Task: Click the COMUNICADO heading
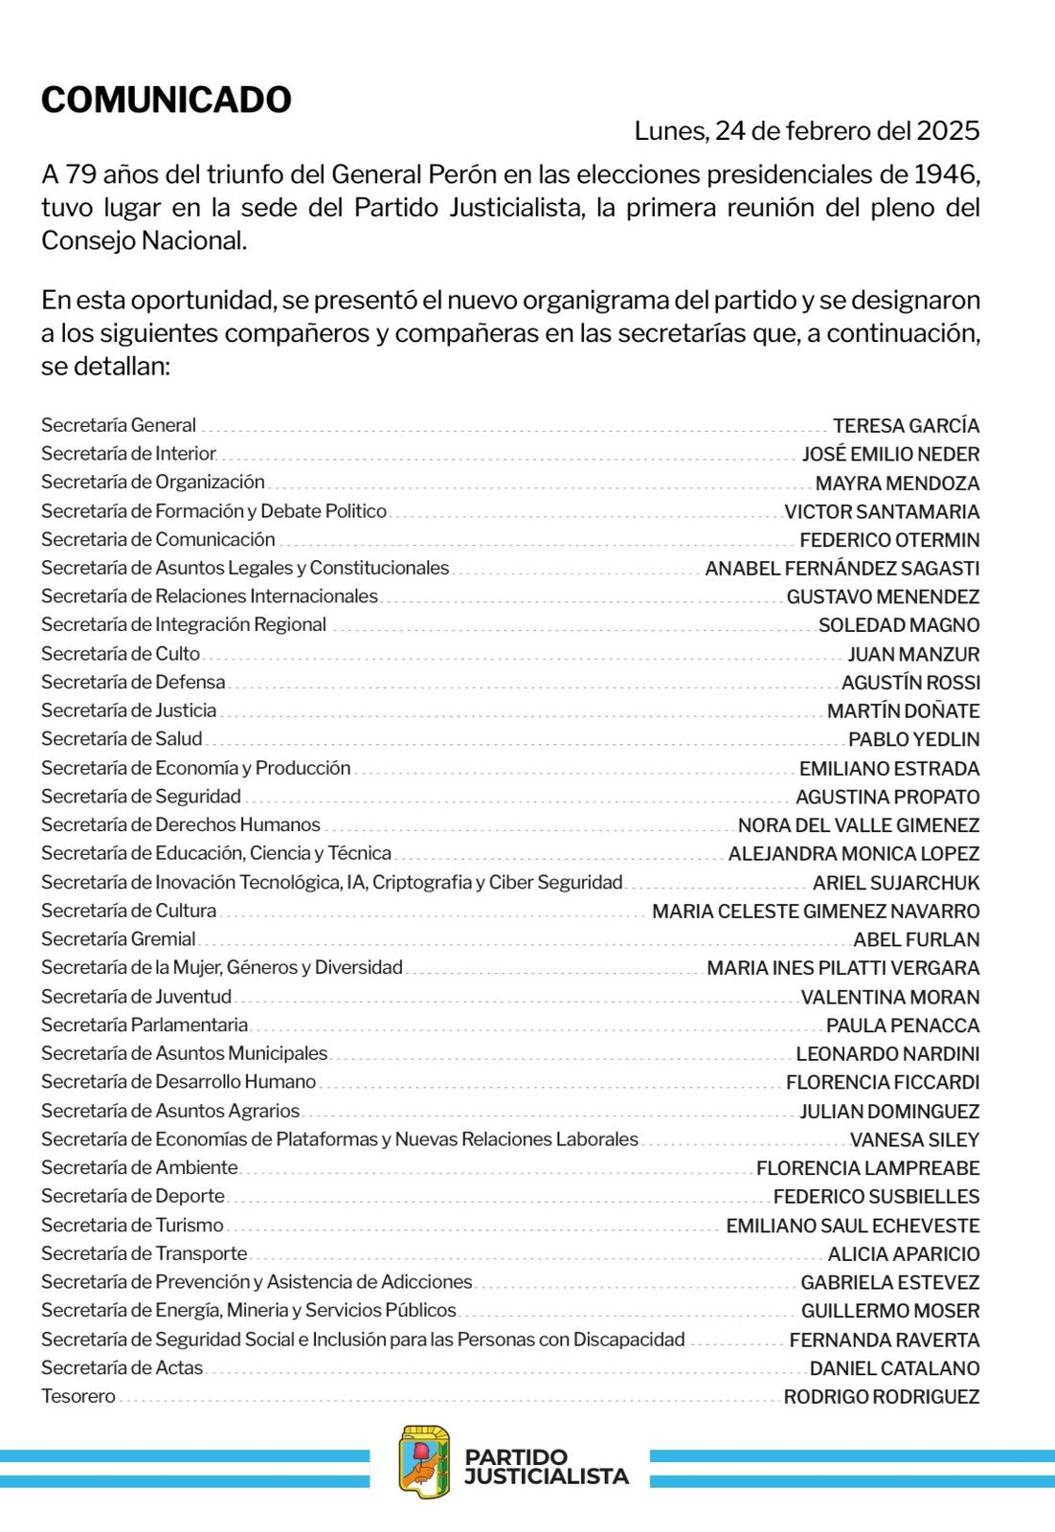tap(166, 101)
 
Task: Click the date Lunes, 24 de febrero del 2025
tap(806, 131)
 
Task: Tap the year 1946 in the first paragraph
tap(946, 174)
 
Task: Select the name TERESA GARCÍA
tap(906, 426)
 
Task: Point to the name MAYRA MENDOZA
tap(897, 484)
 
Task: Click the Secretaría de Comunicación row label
tap(158, 539)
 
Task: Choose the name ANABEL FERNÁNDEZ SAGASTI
tap(842, 569)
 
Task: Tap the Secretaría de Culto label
tap(121, 653)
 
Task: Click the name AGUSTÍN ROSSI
tap(910, 683)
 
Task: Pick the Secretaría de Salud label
tap(122, 738)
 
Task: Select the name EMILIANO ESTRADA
tap(889, 769)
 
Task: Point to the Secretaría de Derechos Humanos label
tap(181, 824)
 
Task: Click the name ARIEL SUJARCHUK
tap(896, 883)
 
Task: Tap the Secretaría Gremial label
tap(118, 938)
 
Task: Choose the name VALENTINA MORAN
tap(890, 997)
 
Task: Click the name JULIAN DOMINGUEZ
tap(889, 1112)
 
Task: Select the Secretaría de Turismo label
tap(132, 1225)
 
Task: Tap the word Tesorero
tap(79, 1396)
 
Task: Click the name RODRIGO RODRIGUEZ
tap(882, 1397)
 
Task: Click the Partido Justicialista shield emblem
tap(424, 1462)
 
